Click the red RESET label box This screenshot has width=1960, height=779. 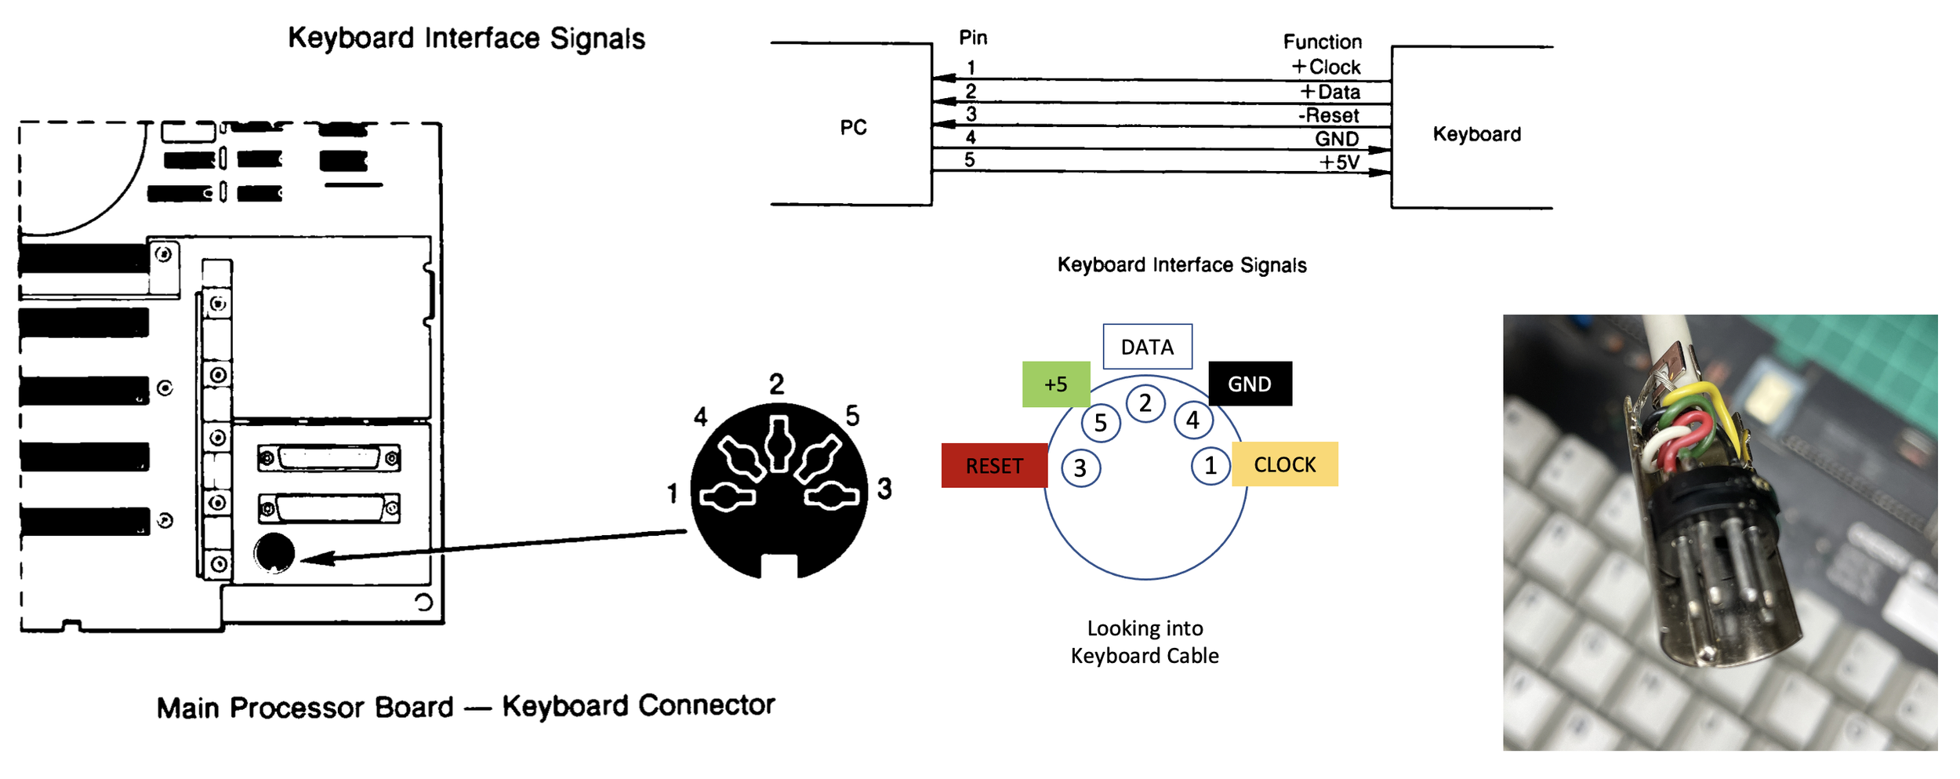point(993,465)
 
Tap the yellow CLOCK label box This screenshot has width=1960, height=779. point(1284,464)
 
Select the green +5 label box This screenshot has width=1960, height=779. point(1055,384)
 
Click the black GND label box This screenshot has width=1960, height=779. point(1249,384)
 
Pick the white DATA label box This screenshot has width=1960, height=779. point(1146,346)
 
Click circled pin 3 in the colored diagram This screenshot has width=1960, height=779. point(1080,468)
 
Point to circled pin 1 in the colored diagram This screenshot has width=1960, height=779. point(1210,466)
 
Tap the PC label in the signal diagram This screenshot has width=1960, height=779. point(853,127)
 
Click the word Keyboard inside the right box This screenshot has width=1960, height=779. point(1476,134)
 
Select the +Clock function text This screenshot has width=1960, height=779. point(1326,67)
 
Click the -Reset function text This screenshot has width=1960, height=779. point(1328,115)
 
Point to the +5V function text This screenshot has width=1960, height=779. point(1338,162)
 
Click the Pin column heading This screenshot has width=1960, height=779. point(973,38)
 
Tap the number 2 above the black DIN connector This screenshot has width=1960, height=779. point(776,384)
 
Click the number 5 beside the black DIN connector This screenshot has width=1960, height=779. point(852,416)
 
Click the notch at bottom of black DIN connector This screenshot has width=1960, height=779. point(779,566)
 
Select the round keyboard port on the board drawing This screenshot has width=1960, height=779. point(274,553)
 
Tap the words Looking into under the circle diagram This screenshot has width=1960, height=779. point(1144,628)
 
